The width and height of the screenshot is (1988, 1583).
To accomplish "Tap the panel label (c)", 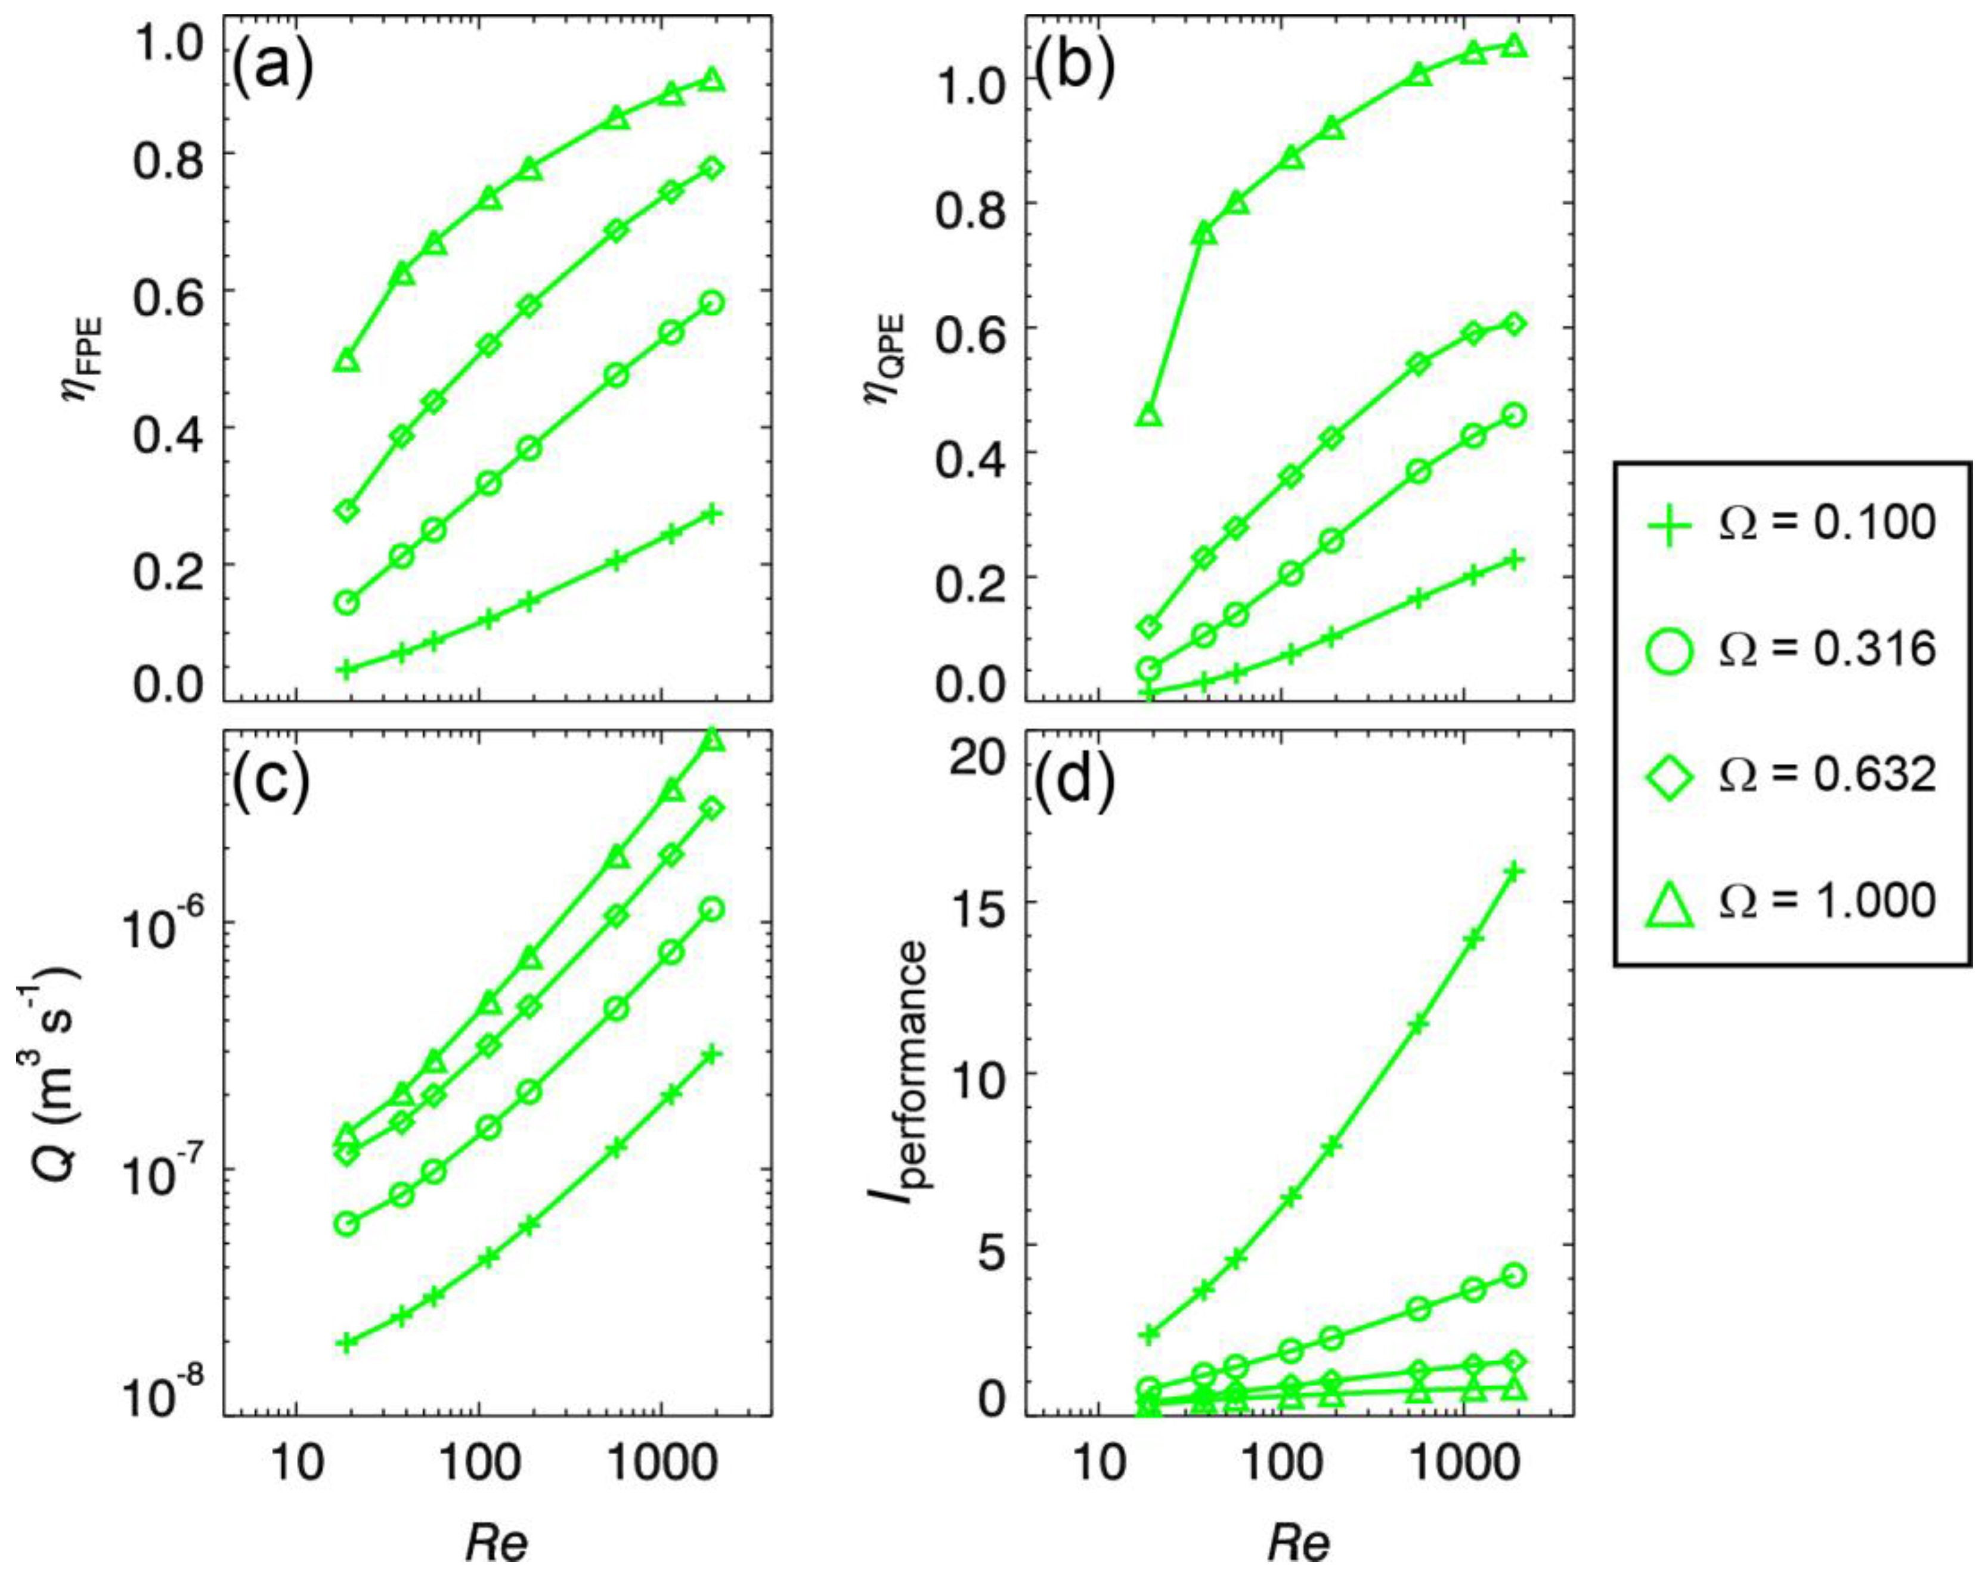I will point(271,783).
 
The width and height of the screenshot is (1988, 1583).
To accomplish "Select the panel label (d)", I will point(1074,783).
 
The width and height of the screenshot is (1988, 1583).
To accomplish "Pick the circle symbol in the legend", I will point(1669,650).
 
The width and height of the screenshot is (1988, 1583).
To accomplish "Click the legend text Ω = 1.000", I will point(1826,900).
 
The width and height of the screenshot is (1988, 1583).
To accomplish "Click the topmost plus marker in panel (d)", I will point(1514,871).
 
